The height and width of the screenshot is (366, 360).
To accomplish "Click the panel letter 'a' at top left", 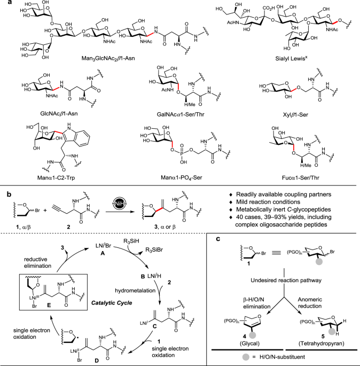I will (4, 4).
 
